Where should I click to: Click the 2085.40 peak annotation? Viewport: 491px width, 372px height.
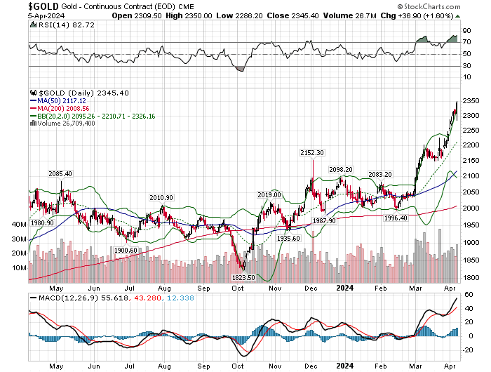click(x=60, y=173)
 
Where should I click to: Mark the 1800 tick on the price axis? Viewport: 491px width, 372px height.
click(x=471, y=278)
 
